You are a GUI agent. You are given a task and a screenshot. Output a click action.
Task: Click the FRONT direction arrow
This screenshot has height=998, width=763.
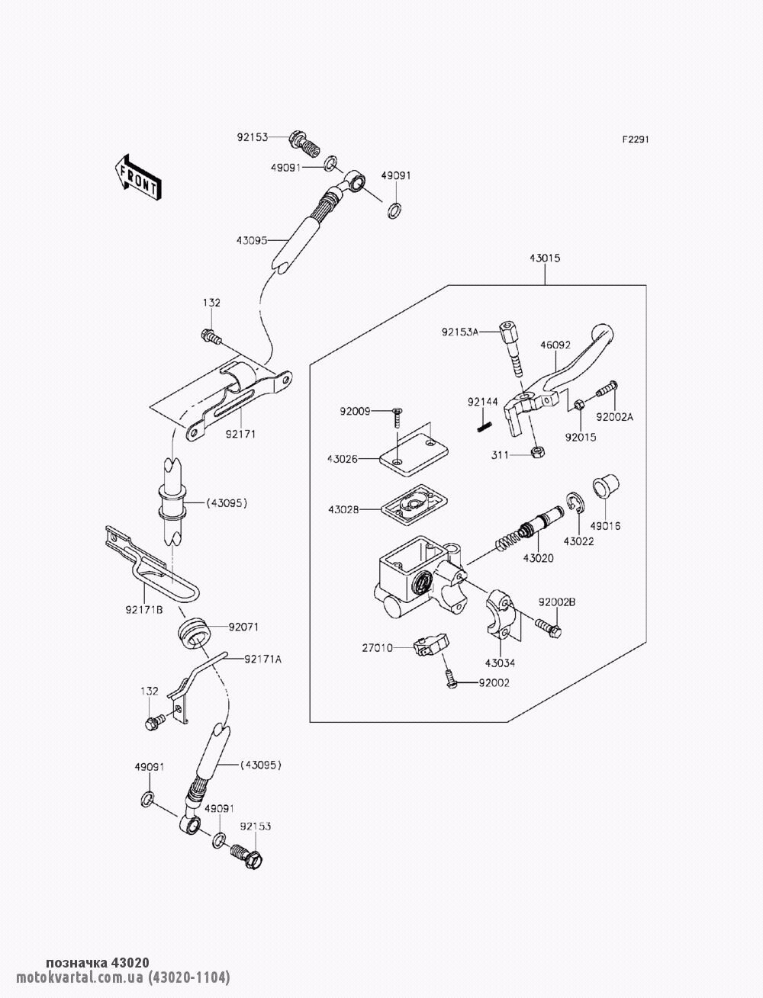137,178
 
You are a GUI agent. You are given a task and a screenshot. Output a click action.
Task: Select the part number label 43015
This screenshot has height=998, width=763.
545,258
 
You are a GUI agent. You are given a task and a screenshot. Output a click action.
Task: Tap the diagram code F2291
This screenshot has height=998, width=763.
636,140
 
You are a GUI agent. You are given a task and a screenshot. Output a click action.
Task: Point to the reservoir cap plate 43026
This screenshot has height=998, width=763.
414,458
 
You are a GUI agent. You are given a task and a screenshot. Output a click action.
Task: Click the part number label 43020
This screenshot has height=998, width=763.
538,558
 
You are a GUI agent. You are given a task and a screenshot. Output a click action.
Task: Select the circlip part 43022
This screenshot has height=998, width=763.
575,504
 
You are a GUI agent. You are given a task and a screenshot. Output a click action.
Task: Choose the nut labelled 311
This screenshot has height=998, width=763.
538,452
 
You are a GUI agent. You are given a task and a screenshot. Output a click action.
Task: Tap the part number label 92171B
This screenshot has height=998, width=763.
144,610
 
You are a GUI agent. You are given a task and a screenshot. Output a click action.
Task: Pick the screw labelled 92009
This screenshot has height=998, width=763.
396,416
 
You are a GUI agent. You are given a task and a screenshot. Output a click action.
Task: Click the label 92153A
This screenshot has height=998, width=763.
460,332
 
